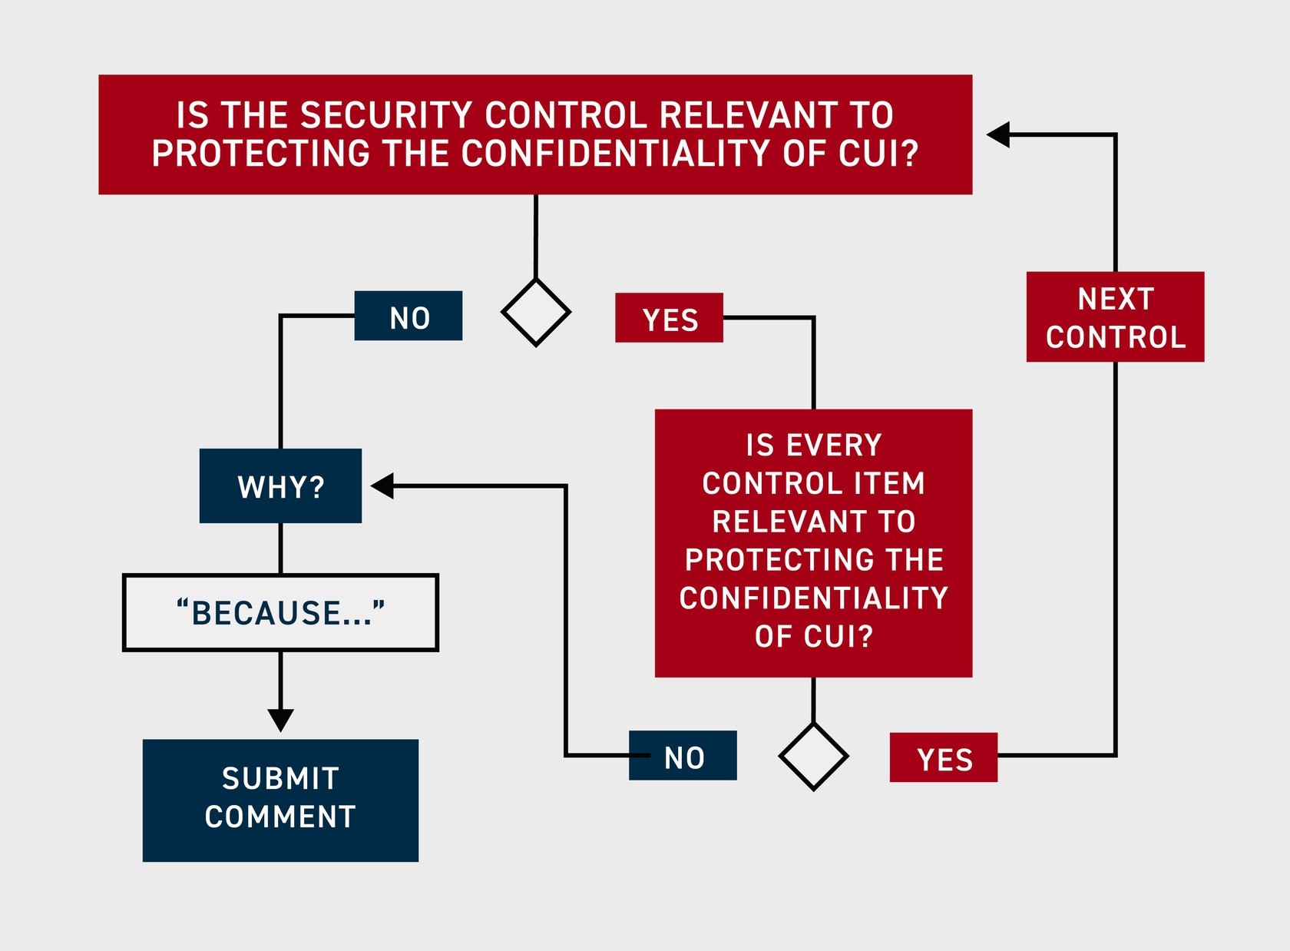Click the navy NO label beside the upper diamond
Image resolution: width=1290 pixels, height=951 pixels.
[x=408, y=316]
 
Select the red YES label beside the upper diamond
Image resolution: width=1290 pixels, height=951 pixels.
[x=669, y=318]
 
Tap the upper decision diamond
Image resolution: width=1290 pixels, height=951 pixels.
[x=535, y=313]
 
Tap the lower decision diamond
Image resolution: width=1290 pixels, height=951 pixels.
[x=813, y=756]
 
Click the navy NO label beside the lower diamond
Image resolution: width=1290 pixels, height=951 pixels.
[x=683, y=756]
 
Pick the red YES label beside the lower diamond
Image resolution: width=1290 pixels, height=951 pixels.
[x=943, y=758]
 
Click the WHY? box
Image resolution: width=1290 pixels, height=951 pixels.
[x=280, y=486]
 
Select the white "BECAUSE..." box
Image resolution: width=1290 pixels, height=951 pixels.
[x=280, y=612]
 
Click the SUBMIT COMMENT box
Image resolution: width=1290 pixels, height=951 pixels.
[x=280, y=800]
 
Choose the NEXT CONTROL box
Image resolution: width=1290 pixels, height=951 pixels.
[x=1115, y=316]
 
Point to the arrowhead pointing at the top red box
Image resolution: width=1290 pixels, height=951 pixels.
[x=998, y=135]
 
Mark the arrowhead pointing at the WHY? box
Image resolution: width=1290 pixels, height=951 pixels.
[x=382, y=485]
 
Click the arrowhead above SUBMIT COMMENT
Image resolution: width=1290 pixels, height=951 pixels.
[x=280, y=720]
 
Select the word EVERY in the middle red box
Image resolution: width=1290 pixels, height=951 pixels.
[x=834, y=446]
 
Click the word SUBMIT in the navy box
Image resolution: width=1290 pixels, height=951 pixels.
[x=280, y=779]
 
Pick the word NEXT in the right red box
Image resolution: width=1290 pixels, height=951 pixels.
[x=1115, y=299]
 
